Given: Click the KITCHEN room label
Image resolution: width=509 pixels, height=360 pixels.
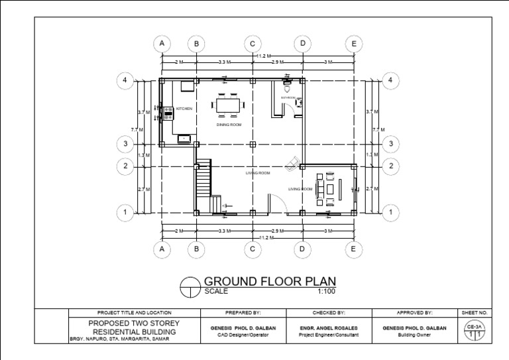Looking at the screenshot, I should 184,109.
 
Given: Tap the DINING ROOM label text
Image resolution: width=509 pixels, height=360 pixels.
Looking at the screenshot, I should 229,124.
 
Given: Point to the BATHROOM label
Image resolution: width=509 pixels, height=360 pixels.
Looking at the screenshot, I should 288,97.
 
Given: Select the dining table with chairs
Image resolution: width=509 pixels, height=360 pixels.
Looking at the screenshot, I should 229,105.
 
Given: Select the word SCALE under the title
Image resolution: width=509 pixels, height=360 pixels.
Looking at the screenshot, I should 217,291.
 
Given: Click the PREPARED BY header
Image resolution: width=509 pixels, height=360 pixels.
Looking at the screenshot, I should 243,312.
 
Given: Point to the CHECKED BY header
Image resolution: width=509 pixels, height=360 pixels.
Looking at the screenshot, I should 330,312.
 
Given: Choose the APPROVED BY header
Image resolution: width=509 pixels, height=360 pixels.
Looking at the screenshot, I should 414,312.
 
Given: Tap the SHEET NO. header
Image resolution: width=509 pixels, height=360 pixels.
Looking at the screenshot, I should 474,312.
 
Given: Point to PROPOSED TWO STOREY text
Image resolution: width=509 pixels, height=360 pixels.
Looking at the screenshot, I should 134,323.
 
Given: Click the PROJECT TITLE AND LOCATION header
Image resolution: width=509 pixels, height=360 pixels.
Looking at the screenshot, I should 134,312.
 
